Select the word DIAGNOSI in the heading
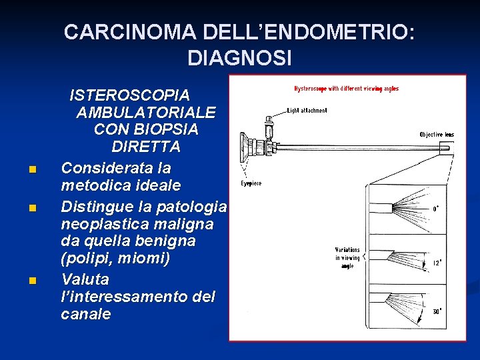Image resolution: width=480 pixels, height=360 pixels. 239,59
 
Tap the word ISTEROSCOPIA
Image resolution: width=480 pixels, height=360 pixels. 129,95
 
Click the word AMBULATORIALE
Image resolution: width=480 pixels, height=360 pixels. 146,112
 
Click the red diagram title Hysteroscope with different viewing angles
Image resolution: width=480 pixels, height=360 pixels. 346,89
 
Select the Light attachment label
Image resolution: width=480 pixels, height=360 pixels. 307,110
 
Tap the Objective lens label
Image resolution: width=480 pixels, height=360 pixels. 437,135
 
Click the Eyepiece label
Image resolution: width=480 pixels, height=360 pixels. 251,183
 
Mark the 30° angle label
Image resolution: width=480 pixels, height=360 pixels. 436,311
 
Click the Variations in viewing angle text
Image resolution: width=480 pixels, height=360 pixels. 348,258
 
